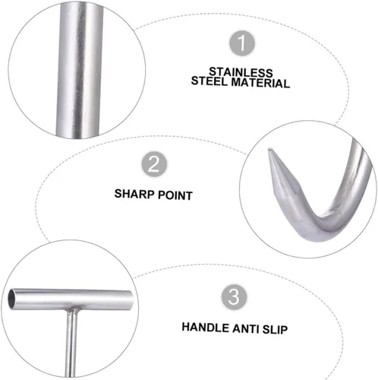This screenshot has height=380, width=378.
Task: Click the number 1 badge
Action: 242,43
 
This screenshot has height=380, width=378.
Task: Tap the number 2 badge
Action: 154,164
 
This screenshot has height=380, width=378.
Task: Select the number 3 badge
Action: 234,297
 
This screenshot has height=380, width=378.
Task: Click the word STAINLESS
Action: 241,72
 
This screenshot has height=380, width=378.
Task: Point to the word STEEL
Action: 209,81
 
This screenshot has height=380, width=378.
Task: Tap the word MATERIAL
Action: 260,83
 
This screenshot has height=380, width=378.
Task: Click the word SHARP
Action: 134,194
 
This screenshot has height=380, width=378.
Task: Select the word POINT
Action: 175,195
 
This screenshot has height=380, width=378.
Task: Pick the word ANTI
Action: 245,329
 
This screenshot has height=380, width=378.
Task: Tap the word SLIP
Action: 275,330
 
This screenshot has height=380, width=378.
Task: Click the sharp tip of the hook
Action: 269,150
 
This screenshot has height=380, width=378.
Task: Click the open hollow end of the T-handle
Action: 12,299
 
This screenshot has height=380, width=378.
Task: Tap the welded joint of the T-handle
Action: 72,311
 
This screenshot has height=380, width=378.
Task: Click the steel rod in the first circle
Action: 80,70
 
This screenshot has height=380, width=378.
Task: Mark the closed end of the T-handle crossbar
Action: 131,300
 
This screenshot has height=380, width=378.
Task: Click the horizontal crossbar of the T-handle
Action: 71,299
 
